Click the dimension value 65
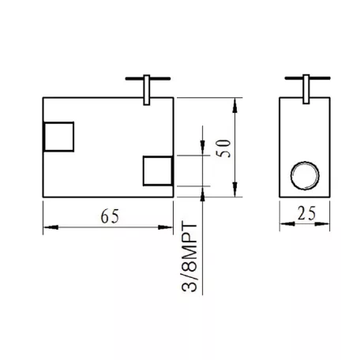(110, 216)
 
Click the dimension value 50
(223, 148)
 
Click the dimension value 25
(306, 213)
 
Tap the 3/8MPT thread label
(189, 257)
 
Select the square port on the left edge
(58, 137)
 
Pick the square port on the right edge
(158, 171)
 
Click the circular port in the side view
(305, 175)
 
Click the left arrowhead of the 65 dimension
(51, 227)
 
